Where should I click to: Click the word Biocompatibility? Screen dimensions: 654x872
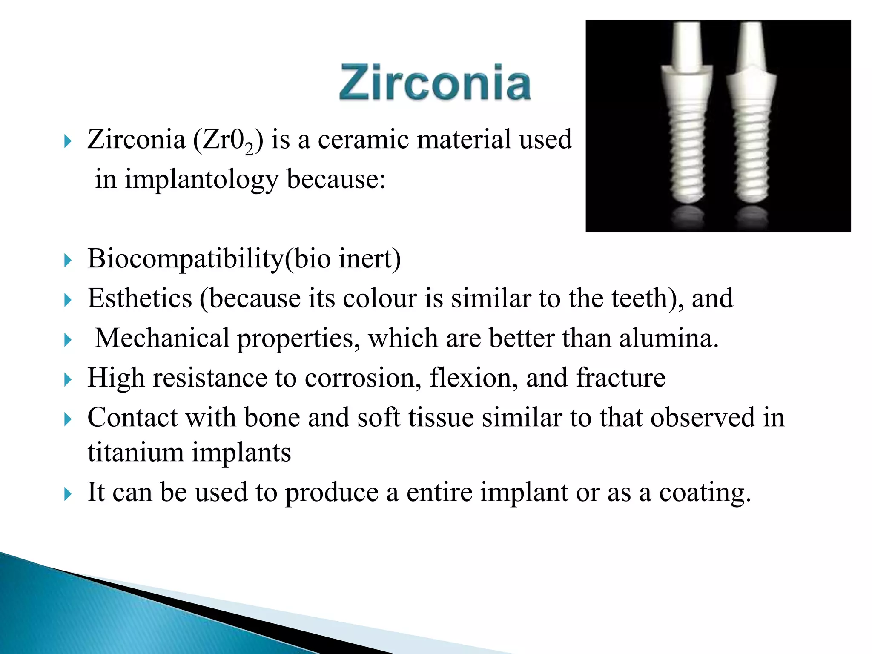pyautogui.click(x=185, y=258)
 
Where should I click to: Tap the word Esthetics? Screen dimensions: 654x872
pyautogui.click(x=140, y=298)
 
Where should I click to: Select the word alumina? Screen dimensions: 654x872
pyautogui.click(x=668, y=338)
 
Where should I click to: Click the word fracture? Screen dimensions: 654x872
pyautogui.click(x=620, y=378)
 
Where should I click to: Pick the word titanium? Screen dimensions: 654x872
pyautogui.click(x=135, y=452)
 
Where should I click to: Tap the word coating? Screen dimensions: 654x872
pyautogui.click(x=705, y=492)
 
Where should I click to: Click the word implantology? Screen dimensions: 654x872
pyautogui.click(x=201, y=179)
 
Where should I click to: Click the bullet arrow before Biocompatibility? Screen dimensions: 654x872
pyautogui.click(x=68, y=260)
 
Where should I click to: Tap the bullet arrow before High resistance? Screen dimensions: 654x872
pyautogui.click(x=68, y=379)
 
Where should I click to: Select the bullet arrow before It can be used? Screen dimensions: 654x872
pyautogui.click(x=68, y=494)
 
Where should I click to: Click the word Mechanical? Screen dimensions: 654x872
pyautogui.click(x=162, y=338)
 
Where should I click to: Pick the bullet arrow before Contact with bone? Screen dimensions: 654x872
pyautogui.click(x=68, y=419)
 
